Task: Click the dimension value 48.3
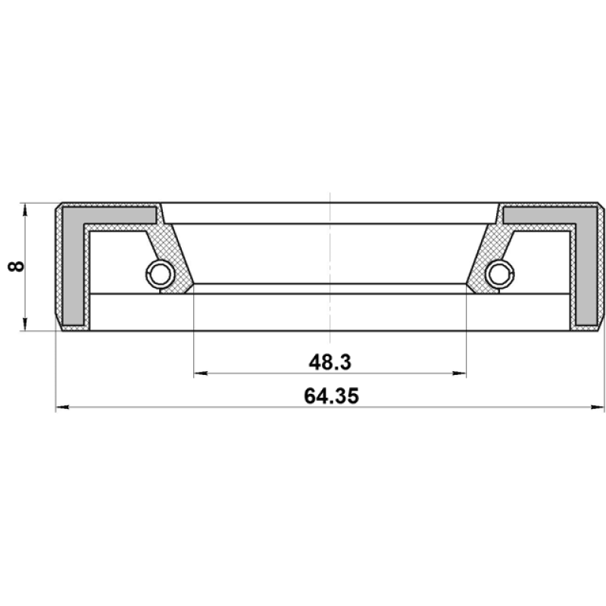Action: pos(330,363)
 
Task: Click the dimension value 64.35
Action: pos(331,396)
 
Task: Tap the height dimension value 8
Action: pos(16,267)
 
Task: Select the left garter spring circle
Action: pos(160,274)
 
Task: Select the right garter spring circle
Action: pos(500,274)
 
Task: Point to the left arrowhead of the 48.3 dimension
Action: pos(201,373)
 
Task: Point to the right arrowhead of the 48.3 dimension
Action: pos(459,373)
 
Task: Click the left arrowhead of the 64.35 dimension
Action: pos(63,407)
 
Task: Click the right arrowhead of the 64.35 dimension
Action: pos(598,407)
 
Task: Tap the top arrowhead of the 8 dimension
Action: pos(25,211)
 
